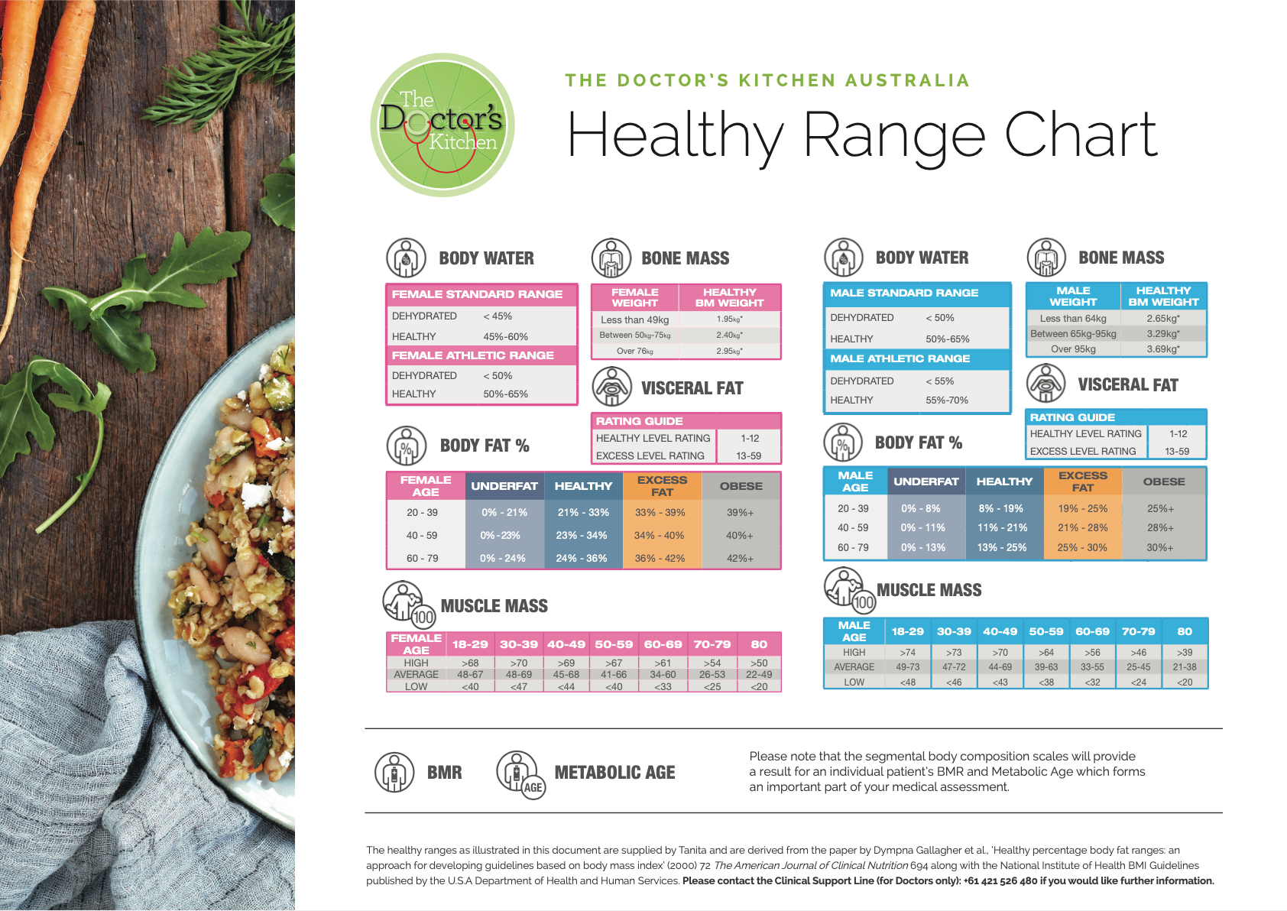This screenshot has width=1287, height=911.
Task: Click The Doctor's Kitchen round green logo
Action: (443, 125)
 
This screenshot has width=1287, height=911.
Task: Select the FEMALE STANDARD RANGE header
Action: (477, 294)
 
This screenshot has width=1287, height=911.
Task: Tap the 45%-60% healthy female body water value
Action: (505, 336)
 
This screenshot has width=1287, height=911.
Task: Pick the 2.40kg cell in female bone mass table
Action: (729, 335)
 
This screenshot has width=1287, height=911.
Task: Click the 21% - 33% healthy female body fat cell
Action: (583, 513)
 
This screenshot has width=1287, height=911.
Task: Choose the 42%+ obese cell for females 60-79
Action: (740, 559)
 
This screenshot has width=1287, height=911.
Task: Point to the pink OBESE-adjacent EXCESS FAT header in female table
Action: (662, 486)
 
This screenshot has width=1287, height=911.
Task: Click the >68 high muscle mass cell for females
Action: (470, 663)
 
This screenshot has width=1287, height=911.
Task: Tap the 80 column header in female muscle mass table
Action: (759, 644)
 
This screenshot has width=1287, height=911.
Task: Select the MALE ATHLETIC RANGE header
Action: (900, 358)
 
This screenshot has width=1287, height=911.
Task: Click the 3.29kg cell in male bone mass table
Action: (1162, 334)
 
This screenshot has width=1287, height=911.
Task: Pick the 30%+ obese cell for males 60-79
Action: (1159, 548)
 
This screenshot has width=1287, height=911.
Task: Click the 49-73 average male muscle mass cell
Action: (907, 667)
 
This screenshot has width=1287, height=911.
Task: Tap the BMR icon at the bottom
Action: (394, 772)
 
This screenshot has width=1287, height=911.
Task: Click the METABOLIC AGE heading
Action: (614, 773)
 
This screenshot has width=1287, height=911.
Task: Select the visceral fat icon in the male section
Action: (1045, 384)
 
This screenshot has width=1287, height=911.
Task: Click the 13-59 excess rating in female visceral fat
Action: (748, 456)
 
